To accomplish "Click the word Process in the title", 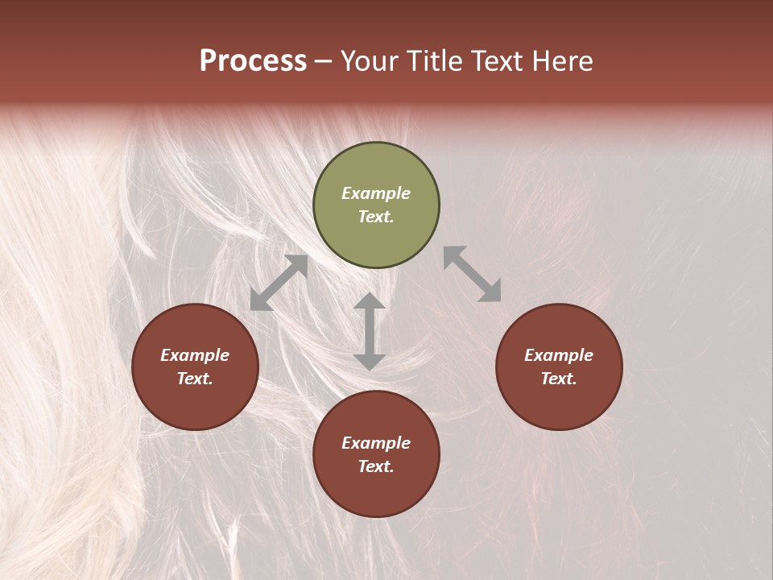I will click(x=253, y=61).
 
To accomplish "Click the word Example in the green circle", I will click(x=376, y=193).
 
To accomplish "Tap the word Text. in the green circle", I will click(x=376, y=217).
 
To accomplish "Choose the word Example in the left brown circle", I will click(x=195, y=355).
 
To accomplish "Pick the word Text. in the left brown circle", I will click(x=195, y=379).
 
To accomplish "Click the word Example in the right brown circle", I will click(x=559, y=355).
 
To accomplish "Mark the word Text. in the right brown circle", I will click(x=559, y=379).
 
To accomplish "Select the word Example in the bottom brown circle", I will click(x=376, y=443).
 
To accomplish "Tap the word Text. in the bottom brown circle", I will click(x=376, y=466).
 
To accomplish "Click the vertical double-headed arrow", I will click(x=370, y=331).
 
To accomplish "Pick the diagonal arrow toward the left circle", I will click(x=279, y=283).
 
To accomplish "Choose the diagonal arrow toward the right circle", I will click(x=473, y=275).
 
